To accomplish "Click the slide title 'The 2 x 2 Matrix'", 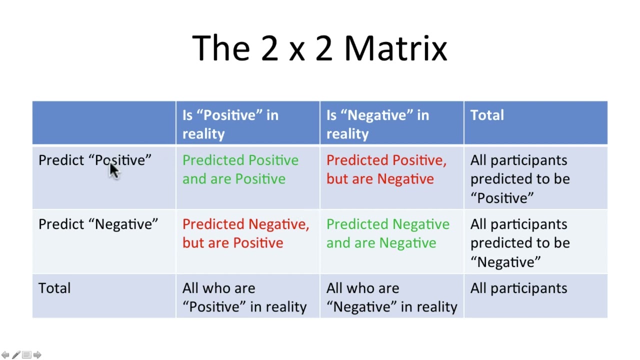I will (x=319, y=48).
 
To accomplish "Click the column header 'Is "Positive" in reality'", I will (x=230, y=124).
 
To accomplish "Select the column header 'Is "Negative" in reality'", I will (x=377, y=124).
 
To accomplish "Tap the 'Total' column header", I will (x=487, y=115).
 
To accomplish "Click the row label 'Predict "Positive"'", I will (x=94, y=160).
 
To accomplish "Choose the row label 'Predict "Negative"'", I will (x=98, y=224).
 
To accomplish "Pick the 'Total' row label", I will (x=54, y=288).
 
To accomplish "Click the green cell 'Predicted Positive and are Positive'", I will (x=240, y=169).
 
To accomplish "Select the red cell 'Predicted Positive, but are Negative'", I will (x=386, y=169).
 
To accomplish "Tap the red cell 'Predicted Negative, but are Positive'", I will (x=245, y=233).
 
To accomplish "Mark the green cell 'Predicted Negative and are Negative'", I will (x=387, y=233).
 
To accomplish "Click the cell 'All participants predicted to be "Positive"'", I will (x=519, y=179).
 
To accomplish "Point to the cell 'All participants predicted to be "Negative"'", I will (x=519, y=243).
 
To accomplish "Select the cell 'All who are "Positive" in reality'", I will (x=244, y=297).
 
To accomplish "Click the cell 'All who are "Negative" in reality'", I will (x=391, y=297).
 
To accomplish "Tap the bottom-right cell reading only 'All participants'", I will (x=518, y=288).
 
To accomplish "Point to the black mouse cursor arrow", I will (x=114, y=170).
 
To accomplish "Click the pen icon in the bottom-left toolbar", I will (x=16, y=354).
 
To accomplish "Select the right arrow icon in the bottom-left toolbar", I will (x=37, y=354).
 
